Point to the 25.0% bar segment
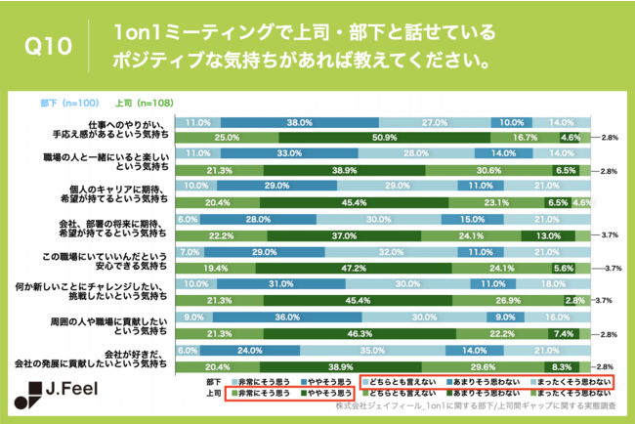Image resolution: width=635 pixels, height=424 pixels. click(x=227, y=138)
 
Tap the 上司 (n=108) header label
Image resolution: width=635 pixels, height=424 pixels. click(x=138, y=102)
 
